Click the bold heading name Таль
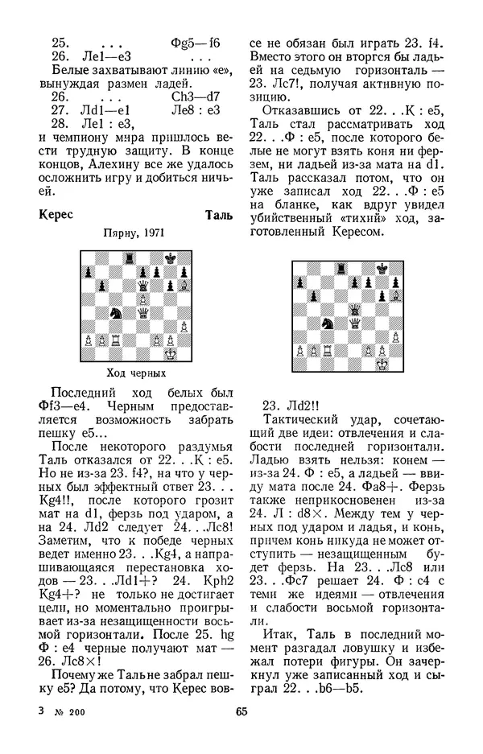tap(219, 216)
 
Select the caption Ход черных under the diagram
tap(137, 373)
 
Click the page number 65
tap(241, 711)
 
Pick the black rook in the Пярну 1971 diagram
tap(130, 257)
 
